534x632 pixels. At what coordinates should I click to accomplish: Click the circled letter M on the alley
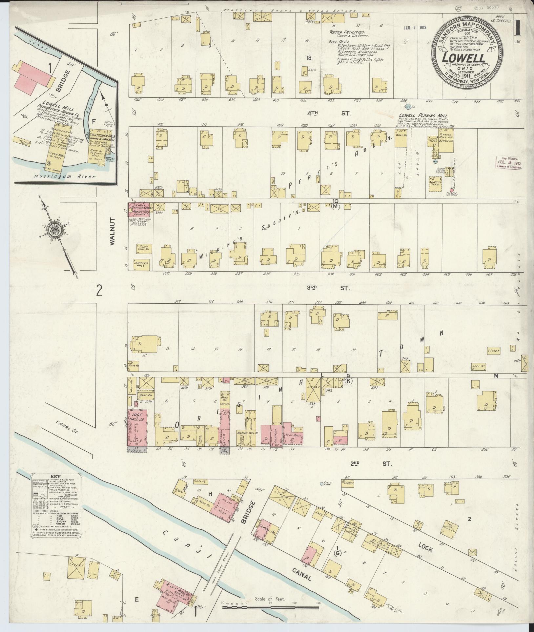(335, 206)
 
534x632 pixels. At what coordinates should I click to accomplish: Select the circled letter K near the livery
(348, 381)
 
